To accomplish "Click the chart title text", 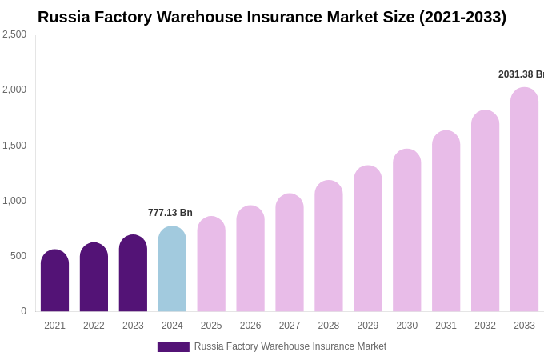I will (x=272, y=17).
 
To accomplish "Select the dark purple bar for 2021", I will (x=54, y=281).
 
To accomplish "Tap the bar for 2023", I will (x=133, y=274).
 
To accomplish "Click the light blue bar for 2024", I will (x=172, y=270).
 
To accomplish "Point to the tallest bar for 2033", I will (x=524, y=200).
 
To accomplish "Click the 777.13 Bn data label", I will (x=170, y=213).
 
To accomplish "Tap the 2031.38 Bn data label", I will (x=521, y=74).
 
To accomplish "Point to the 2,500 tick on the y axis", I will (x=14, y=34).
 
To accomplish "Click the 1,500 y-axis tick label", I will (x=14, y=146).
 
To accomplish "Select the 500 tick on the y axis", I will (x=18, y=256).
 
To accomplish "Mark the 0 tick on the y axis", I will (x=23, y=311).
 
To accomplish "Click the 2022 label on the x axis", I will (x=94, y=326).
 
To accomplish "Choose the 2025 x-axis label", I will (x=211, y=326).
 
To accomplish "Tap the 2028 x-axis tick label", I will (x=329, y=326).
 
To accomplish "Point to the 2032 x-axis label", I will (x=485, y=326).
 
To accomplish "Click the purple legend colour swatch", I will (x=173, y=347).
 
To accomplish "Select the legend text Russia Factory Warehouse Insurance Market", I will (x=290, y=346).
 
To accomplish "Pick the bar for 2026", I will (x=250, y=259).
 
